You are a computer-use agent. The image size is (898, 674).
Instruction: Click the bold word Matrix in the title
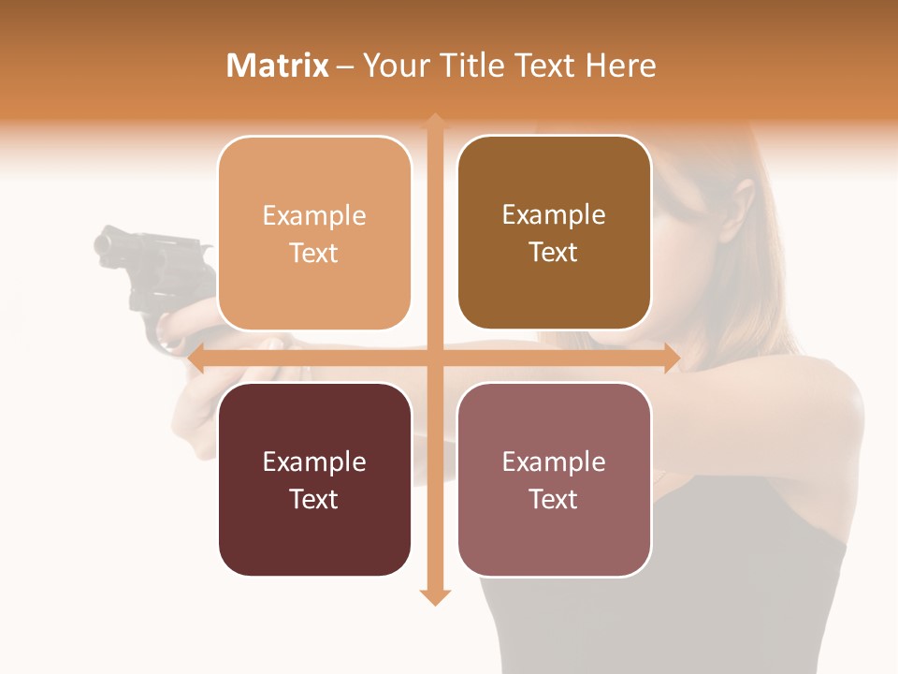pyautogui.click(x=278, y=66)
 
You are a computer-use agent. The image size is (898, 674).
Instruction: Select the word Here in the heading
pyautogui.click(x=621, y=66)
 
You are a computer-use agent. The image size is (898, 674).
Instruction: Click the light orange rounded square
pyautogui.click(x=314, y=233)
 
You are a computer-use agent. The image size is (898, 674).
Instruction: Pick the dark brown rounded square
pyautogui.click(x=554, y=233)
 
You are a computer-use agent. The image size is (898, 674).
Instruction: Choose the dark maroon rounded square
pyautogui.click(x=314, y=479)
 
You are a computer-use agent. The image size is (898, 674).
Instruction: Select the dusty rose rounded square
pyautogui.click(x=554, y=479)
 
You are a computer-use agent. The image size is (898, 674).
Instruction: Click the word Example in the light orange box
pyautogui.click(x=314, y=215)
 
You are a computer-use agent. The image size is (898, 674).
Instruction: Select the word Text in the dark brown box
pyautogui.click(x=554, y=253)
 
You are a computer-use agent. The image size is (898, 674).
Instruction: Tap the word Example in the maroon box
pyautogui.click(x=314, y=462)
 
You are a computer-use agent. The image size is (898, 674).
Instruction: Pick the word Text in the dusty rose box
pyautogui.click(x=554, y=499)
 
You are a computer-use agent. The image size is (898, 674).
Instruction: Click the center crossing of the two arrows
pyautogui.click(x=434, y=358)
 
